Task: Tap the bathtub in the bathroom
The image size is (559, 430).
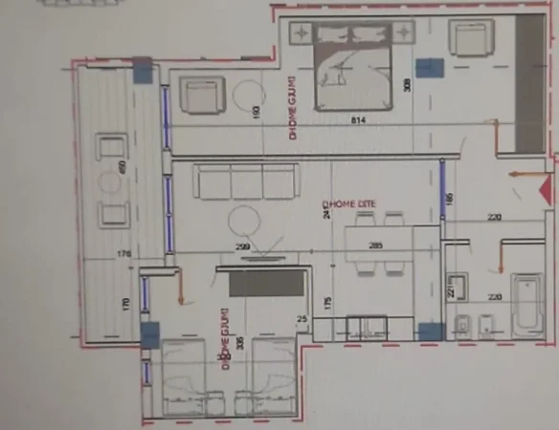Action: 526,306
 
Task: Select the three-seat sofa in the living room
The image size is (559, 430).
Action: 247,181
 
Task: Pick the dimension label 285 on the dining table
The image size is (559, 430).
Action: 376,246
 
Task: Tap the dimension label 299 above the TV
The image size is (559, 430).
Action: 244,247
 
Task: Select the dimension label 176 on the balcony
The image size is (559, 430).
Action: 123,253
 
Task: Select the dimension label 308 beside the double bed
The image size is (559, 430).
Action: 407,86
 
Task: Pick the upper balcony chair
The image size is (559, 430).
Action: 111,150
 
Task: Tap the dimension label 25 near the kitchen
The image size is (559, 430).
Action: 302,318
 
